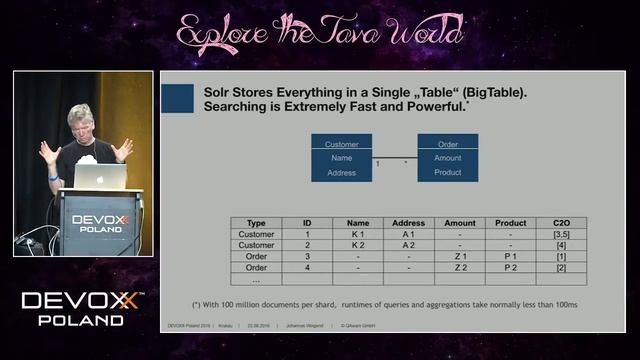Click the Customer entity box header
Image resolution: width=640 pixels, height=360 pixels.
tap(341, 144)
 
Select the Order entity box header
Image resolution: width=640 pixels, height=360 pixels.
tap(447, 144)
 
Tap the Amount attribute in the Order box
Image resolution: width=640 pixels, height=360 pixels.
tap(447, 158)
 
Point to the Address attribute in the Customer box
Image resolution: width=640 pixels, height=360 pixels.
tap(341, 173)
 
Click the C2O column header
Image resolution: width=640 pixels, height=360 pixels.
tap(560, 223)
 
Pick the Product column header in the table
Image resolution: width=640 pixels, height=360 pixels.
tap(510, 223)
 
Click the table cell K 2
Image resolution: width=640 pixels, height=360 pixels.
tap(357, 245)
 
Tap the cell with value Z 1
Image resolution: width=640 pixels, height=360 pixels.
tap(460, 257)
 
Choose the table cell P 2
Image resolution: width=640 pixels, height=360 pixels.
tap(510, 268)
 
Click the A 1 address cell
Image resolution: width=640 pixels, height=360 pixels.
tap(408, 234)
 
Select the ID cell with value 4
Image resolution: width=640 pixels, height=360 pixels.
tap(307, 268)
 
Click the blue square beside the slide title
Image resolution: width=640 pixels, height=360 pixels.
tap(177, 97)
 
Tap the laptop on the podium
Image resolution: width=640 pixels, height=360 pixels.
tap(100, 177)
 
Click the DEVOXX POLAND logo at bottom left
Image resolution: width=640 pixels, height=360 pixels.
tap(83, 308)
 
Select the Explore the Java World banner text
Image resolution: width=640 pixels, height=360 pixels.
tap(320, 33)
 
